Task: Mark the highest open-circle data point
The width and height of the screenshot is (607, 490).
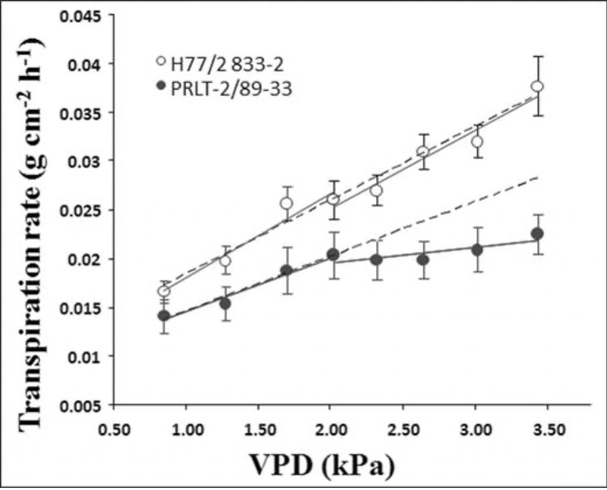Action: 537,87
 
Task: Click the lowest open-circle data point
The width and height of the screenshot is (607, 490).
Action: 164,291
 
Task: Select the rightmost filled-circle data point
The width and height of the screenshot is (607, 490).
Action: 537,234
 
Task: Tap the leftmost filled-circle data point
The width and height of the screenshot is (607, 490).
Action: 164,316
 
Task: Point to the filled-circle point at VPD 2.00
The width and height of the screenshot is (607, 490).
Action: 333,254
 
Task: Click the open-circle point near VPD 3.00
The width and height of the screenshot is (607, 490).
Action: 477,142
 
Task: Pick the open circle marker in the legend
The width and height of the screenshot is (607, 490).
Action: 159,61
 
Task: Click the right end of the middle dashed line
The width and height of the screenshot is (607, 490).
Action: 537,177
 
